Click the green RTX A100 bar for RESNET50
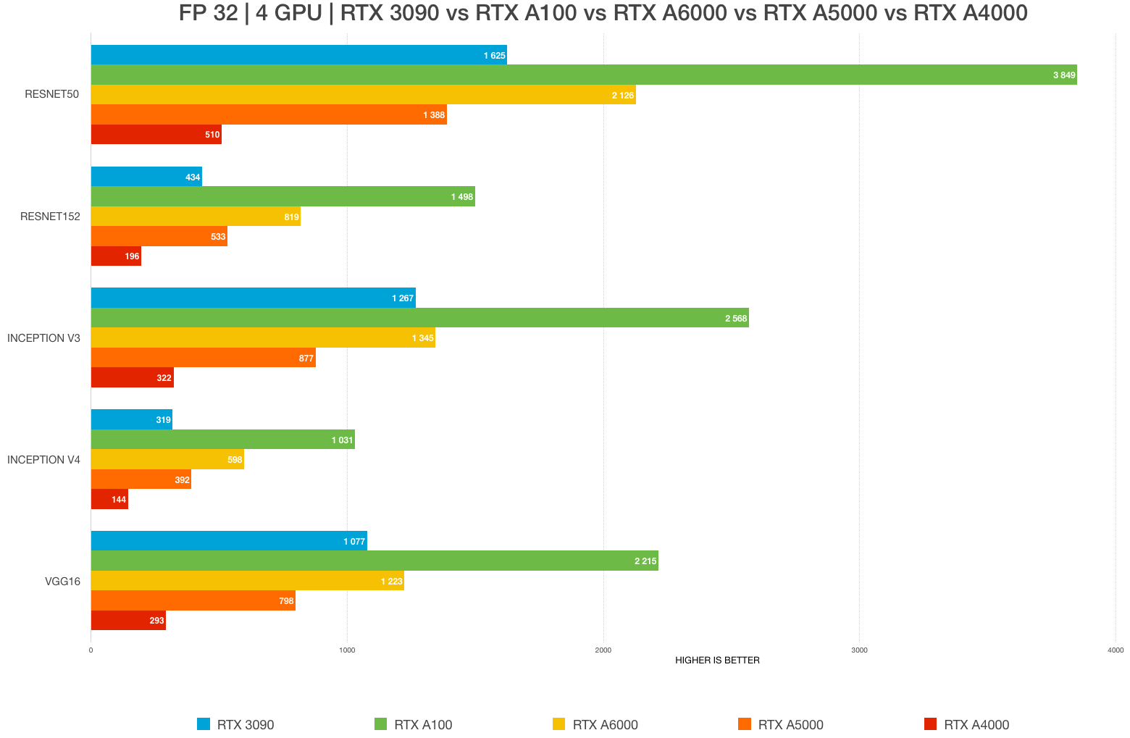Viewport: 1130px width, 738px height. pos(583,75)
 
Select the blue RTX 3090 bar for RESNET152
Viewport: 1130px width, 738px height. pos(146,177)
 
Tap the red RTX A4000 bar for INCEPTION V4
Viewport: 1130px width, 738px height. pos(109,499)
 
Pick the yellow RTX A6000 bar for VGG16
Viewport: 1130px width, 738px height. pos(247,581)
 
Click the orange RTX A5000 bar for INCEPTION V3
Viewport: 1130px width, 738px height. pos(203,358)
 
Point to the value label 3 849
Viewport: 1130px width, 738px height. pos(1064,75)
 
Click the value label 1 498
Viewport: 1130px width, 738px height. pos(462,197)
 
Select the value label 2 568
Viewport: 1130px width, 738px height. pos(736,319)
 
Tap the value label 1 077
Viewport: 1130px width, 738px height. pos(354,541)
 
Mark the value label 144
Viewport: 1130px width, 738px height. pos(119,500)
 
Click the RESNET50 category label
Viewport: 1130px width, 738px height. pos(51,94)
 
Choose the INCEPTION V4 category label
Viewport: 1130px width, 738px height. pos(43,459)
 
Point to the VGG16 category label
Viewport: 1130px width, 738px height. pos(62,581)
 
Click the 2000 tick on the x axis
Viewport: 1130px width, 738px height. pos(603,650)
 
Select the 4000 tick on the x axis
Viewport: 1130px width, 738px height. pos(1115,650)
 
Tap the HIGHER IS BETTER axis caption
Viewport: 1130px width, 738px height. pos(717,661)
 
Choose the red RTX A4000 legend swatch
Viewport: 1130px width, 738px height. pos(931,724)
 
